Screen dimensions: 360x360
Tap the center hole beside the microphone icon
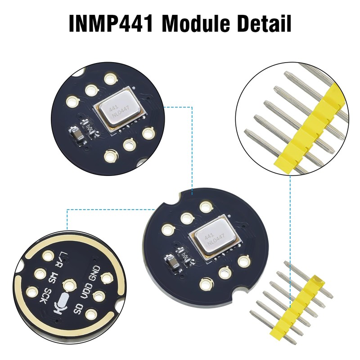click(69, 285)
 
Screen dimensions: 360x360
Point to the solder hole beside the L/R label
click(47, 257)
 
